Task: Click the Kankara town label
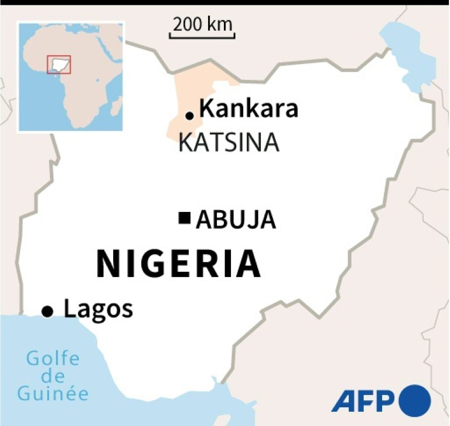click(x=249, y=110)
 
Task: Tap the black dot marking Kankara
click(x=189, y=116)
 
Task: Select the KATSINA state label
click(x=229, y=143)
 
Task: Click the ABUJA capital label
click(x=236, y=220)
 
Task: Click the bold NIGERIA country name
click(x=179, y=264)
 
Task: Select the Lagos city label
click(x=98, y=309)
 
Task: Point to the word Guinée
click(x=53, y=393)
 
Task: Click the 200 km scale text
click(x=203, y=24)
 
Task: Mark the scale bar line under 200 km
click(x=203, y=37)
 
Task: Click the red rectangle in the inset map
click(x=59, y=64)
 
